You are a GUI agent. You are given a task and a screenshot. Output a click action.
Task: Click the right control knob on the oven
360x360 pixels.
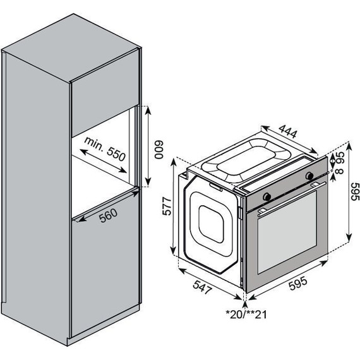coord(310,174)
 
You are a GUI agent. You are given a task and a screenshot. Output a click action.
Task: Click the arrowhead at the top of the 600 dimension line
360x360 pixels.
coord(147,109)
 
